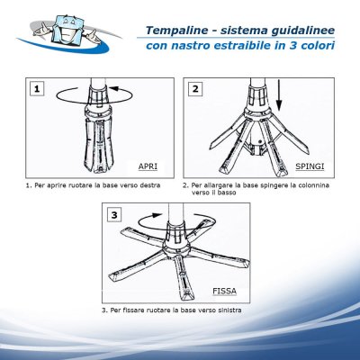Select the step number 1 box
37,89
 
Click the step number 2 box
195,89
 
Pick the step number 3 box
114,215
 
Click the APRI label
148,166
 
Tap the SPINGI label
310,166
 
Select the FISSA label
224,291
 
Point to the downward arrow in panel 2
279,94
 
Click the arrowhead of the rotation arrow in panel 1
113,88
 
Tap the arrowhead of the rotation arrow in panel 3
157,215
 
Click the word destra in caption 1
150,185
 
